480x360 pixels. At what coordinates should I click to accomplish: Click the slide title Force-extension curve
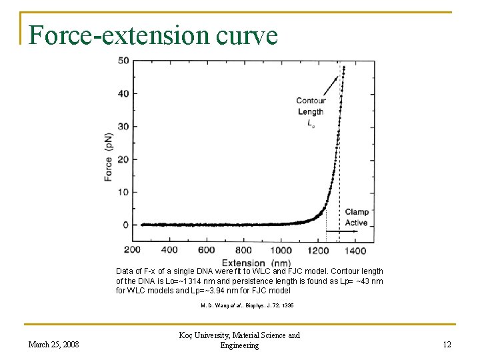click(153, 35)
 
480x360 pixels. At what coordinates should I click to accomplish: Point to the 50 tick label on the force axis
click(123, 61)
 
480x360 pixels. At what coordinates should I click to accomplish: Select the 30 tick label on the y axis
click(123, 127)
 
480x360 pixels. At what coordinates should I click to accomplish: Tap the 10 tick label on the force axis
click(123, 192)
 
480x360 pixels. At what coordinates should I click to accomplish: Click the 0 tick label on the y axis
click(125, 225)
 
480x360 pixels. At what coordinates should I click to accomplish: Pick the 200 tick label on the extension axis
click(132, 250)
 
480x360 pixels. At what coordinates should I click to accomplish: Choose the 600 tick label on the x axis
click(206, 250)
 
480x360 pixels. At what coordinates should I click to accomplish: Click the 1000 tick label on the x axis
click(281, 251)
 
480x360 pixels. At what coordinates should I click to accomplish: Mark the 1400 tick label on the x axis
click(355, 251)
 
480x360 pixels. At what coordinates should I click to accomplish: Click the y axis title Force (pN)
click(109, 157)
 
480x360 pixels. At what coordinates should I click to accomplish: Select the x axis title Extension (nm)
click(256, 263)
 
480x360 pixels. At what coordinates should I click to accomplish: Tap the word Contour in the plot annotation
click(311, 101)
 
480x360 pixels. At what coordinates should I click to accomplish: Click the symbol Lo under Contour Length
click(311, 123)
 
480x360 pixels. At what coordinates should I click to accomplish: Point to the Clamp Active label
click(357, 217)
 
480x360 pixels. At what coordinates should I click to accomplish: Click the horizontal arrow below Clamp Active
click(341, 231)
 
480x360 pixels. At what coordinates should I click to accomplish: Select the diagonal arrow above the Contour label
click(331, 86)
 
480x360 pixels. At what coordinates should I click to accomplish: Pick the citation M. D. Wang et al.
click(247, 305)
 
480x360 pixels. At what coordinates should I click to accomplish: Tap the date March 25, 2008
click(53, 345)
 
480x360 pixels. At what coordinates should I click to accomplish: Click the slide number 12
click(447, 345)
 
